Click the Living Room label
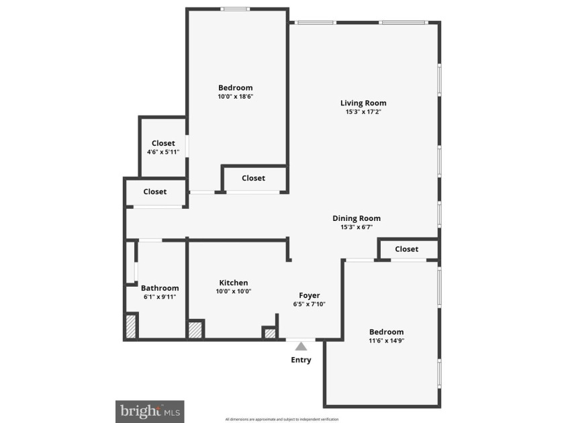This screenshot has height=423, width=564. point(363,103)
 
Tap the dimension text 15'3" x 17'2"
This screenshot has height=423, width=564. point(363,111)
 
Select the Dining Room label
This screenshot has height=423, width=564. point(357,218)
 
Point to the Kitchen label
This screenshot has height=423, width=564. point(234,283)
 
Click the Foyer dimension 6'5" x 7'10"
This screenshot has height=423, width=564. point(310,304)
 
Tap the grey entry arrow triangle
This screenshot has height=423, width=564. point(301,346)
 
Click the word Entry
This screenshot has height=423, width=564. point(301,360)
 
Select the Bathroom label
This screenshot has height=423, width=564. point(160,288)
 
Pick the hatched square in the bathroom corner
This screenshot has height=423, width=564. point(131,326)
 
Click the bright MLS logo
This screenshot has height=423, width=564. point(150,412)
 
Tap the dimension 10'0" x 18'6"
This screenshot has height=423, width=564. point(236,97)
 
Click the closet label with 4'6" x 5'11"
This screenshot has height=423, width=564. point(163,143)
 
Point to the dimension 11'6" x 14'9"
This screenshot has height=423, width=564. point(387,340)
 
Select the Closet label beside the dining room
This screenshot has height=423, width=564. point(407,249)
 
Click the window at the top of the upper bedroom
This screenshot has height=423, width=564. point(235,9)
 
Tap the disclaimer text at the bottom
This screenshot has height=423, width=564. point(282,420)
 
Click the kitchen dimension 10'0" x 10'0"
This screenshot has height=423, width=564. point(234,291)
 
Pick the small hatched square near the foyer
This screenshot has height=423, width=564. point(270,334)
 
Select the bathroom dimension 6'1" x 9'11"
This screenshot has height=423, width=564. point(160,297)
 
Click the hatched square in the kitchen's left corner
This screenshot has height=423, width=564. point(195,330)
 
